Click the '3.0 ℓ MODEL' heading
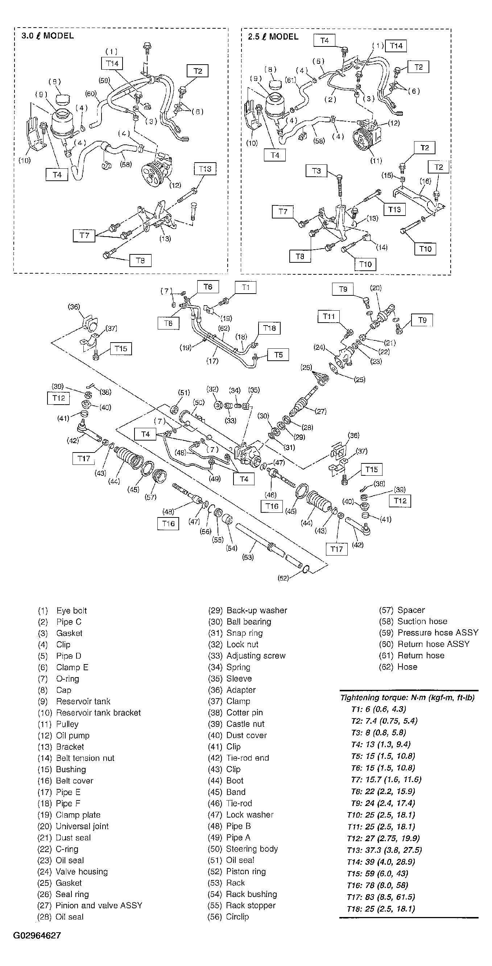[x=47, y=36]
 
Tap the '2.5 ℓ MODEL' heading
[x=273, y=37]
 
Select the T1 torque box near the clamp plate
[x=245, y=288]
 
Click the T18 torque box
[x=269, y=328]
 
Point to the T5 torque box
[x=278, y=355]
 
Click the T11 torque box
[x=328, y=316]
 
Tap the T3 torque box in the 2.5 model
[x=316, y=171]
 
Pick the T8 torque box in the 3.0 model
[x=140, y=260]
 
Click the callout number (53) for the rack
[x=248, y=557]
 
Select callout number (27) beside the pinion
[x=321, y=412]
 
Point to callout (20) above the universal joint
[x=376, y=288]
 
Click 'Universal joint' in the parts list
[x=82, y=826]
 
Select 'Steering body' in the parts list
[x=252, y=849]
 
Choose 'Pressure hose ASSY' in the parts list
[x=438, y=633]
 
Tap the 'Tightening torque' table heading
[x=407, y=698]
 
